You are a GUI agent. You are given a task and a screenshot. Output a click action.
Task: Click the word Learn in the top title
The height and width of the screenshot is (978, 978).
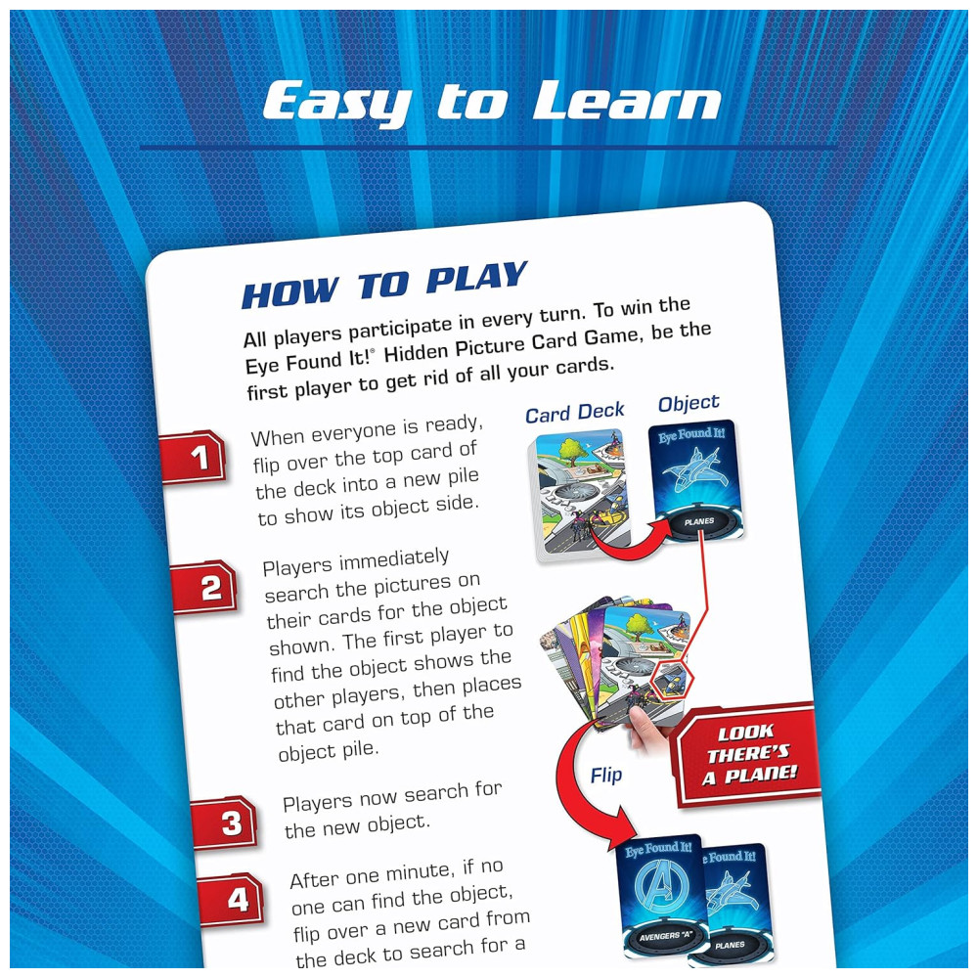pyautogui.click(x=626, y=101)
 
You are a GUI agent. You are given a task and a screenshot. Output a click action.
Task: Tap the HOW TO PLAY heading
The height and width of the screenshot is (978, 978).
pyautogui.click(x=384, y=286)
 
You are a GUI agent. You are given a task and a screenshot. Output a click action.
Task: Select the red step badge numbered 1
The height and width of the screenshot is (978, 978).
pyautogui.click(x=194, y=457)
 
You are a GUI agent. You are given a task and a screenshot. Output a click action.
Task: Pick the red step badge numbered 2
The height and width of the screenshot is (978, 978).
pyautogui.click(x=204, y=588)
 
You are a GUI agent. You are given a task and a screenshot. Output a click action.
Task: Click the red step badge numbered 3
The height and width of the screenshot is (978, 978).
pyautogui.click(x=225, y=823)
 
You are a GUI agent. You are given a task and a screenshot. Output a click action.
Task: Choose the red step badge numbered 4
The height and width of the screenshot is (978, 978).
pyautogui.click(x=231, y=900)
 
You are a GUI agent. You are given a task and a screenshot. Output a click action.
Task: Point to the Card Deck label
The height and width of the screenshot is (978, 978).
pyautogui.click(x=574, y=413)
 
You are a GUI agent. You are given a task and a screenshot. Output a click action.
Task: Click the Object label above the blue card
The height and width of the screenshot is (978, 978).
pyautogui.click(x=689, y=404)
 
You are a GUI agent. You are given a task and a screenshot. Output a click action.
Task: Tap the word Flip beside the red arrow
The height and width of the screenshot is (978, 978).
pyautogui.click(x=606, y=776)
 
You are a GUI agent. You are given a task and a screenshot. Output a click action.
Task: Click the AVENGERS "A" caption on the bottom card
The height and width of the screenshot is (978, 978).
pyautogui.click(x=665, y=936)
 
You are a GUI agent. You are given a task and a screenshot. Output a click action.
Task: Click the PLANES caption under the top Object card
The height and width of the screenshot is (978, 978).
pyautogui.click(x=699, y=521)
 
